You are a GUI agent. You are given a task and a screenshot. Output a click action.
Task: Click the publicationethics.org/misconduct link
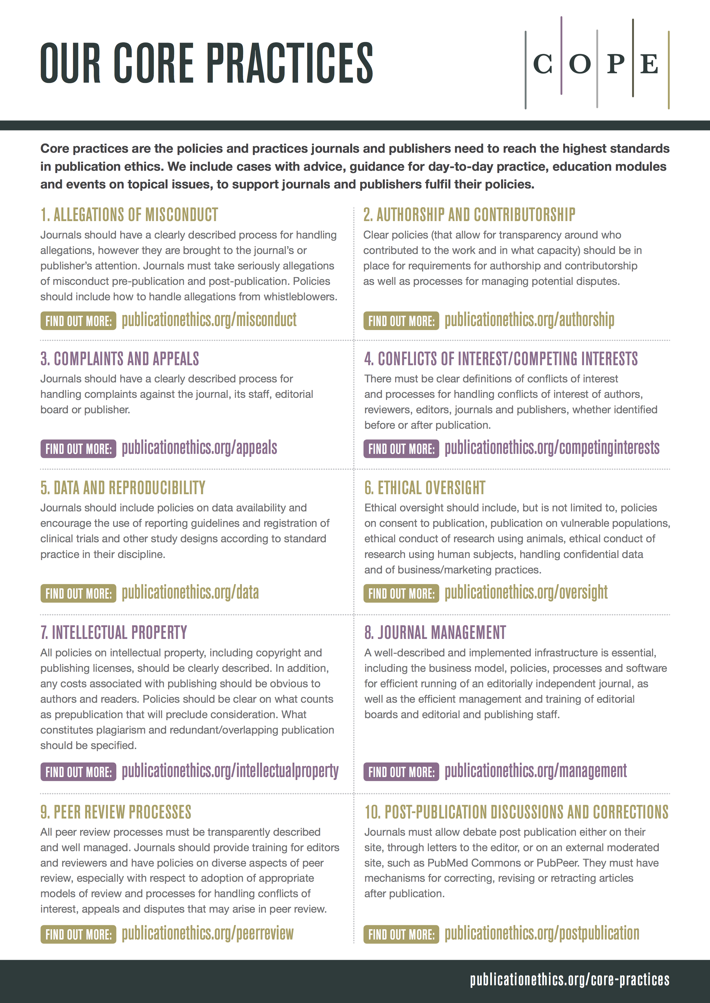pyautogui.click(x=209, y=320)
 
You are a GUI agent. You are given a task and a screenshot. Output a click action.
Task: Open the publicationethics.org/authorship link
pyautogui.click(x=529, y=320)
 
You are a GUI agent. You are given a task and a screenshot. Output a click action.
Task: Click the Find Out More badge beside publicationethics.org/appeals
pyautogui.click(x=78, y=449)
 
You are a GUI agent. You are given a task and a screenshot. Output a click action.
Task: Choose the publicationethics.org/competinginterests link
pyautogui.click(x=552, y=448)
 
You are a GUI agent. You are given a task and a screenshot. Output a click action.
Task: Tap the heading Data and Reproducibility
pyautogui.click(x=123, y=488)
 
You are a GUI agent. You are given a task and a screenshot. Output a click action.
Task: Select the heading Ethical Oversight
pyautogui.click(x=425, y=488)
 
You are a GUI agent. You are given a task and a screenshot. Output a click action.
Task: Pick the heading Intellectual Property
pyautogui.click(x=113, y=633)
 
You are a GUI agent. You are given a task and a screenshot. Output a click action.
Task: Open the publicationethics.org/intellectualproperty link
pyautogui.click(x=230, y=771)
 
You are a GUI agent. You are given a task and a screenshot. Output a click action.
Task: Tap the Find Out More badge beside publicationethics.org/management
pyautogui.click(x=401, y=772)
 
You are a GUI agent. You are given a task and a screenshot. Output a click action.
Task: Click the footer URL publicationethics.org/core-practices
pyautogui.click(x=569, y=980)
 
